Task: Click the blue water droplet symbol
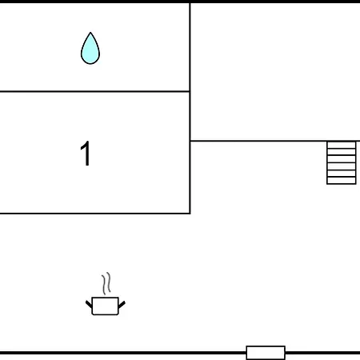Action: [90, 50]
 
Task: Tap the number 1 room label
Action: [86, 154]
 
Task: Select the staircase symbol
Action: [342, 162]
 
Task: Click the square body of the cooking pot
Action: [105, 306]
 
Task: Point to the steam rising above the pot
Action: [106, 283]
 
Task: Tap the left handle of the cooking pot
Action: [89, 304]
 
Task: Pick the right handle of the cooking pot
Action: [122, 304]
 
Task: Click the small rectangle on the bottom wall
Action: [266, 353]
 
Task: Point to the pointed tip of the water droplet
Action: [90, 33]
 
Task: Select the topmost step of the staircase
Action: [342, 145]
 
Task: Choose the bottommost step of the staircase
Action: [342, 181]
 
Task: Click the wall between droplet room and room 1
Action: [94, 91]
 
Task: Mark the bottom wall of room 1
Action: [94, 214]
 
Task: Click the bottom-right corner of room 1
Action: [190, 214]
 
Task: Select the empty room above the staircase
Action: [275, 71]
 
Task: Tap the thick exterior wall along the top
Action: [180, 2]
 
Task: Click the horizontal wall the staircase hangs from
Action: [275, 141]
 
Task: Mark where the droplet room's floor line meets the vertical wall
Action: [190, 91]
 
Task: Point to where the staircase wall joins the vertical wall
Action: [190, 141]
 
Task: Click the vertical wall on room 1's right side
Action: [190, 153]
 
